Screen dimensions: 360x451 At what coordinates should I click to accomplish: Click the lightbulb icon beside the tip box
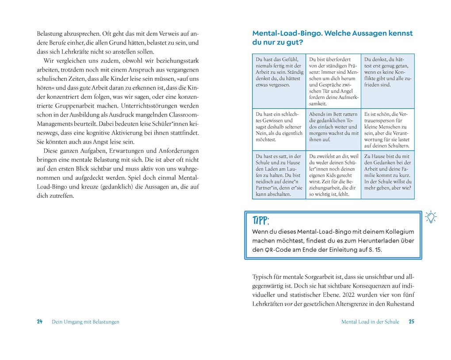(430, 217)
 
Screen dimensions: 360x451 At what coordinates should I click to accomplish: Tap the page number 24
(39, 322)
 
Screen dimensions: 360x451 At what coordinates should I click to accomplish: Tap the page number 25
(411, 322)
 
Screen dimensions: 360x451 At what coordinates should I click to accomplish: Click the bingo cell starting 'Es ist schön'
(388, 129)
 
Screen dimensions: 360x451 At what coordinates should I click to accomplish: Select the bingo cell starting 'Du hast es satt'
(279, 175)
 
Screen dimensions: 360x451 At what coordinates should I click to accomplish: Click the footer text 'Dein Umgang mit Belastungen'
(85, 322)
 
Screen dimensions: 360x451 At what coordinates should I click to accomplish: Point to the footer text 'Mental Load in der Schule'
(370, 322)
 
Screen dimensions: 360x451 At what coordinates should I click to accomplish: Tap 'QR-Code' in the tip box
(279, 250)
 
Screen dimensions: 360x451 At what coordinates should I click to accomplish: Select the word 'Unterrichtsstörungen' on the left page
(146, 106)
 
